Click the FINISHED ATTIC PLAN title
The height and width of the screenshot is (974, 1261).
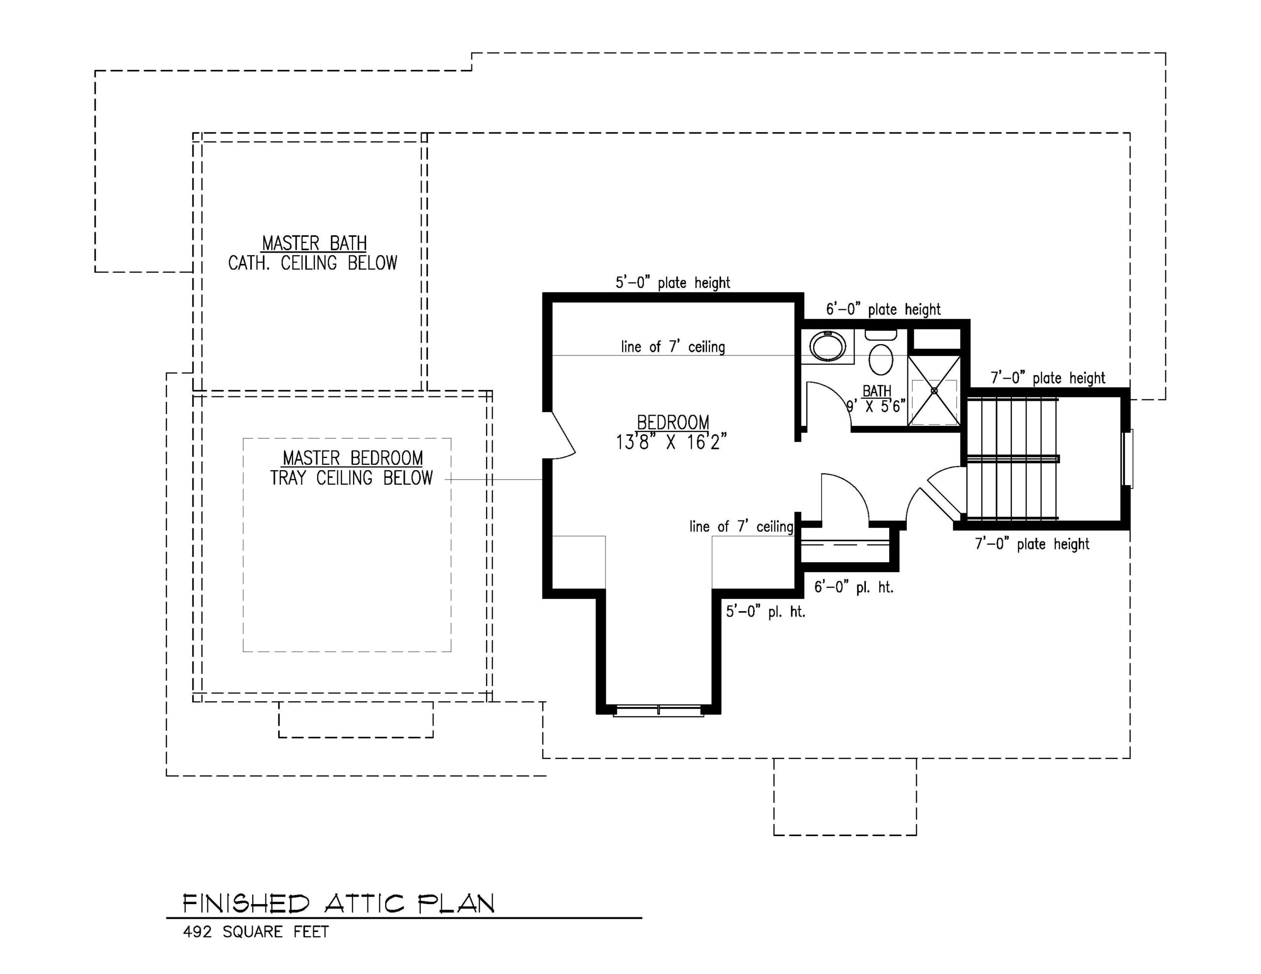(338, 904)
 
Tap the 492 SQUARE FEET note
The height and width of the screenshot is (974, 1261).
(256, 932)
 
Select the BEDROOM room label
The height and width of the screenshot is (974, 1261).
(673, 422)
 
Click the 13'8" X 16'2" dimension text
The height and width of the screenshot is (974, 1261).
(670, 442)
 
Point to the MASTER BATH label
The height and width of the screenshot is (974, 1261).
(314, 243)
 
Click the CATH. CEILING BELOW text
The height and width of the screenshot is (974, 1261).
(312, 263)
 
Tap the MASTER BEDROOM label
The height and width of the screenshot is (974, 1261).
(352, 458)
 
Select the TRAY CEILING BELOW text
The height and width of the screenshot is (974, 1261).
(351, 478)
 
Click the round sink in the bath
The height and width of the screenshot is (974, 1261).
(828, 346)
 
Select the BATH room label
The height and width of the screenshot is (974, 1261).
(876, 391)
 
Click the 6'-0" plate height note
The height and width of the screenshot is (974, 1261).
(883, 309)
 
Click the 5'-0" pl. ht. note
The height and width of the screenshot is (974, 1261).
(765, 612)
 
